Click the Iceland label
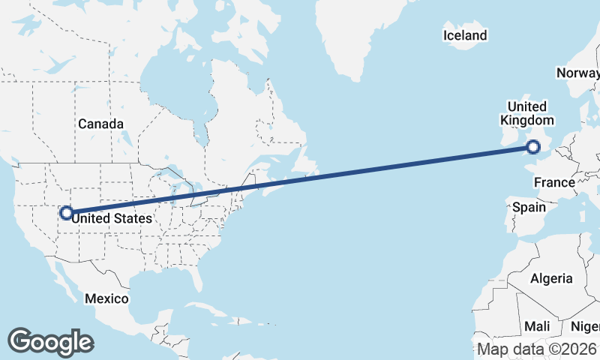coord(465,35)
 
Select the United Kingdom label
coord(527,113)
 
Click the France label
coord(554,182)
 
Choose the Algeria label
coord(551,278)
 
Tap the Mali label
coord(537,326)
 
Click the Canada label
coord(100,124)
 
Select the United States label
coord(112,218)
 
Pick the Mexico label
coord(106,298)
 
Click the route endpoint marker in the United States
coord(66,213)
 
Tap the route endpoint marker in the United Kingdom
coord(534,147)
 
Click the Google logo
coord(50,342)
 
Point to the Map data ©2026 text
coord(538,349)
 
